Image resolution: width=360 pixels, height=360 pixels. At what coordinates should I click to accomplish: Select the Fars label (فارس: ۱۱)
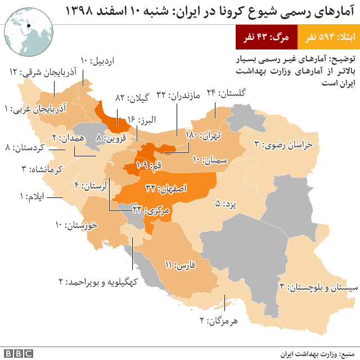click(x=180, y=264)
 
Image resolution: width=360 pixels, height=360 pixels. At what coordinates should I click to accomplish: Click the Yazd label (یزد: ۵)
click(x=224, y=205)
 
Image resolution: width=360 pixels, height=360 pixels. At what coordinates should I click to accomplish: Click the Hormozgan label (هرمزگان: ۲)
click(x=220, y=321)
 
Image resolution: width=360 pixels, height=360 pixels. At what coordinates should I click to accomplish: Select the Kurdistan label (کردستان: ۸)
click(x=28, y=148)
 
